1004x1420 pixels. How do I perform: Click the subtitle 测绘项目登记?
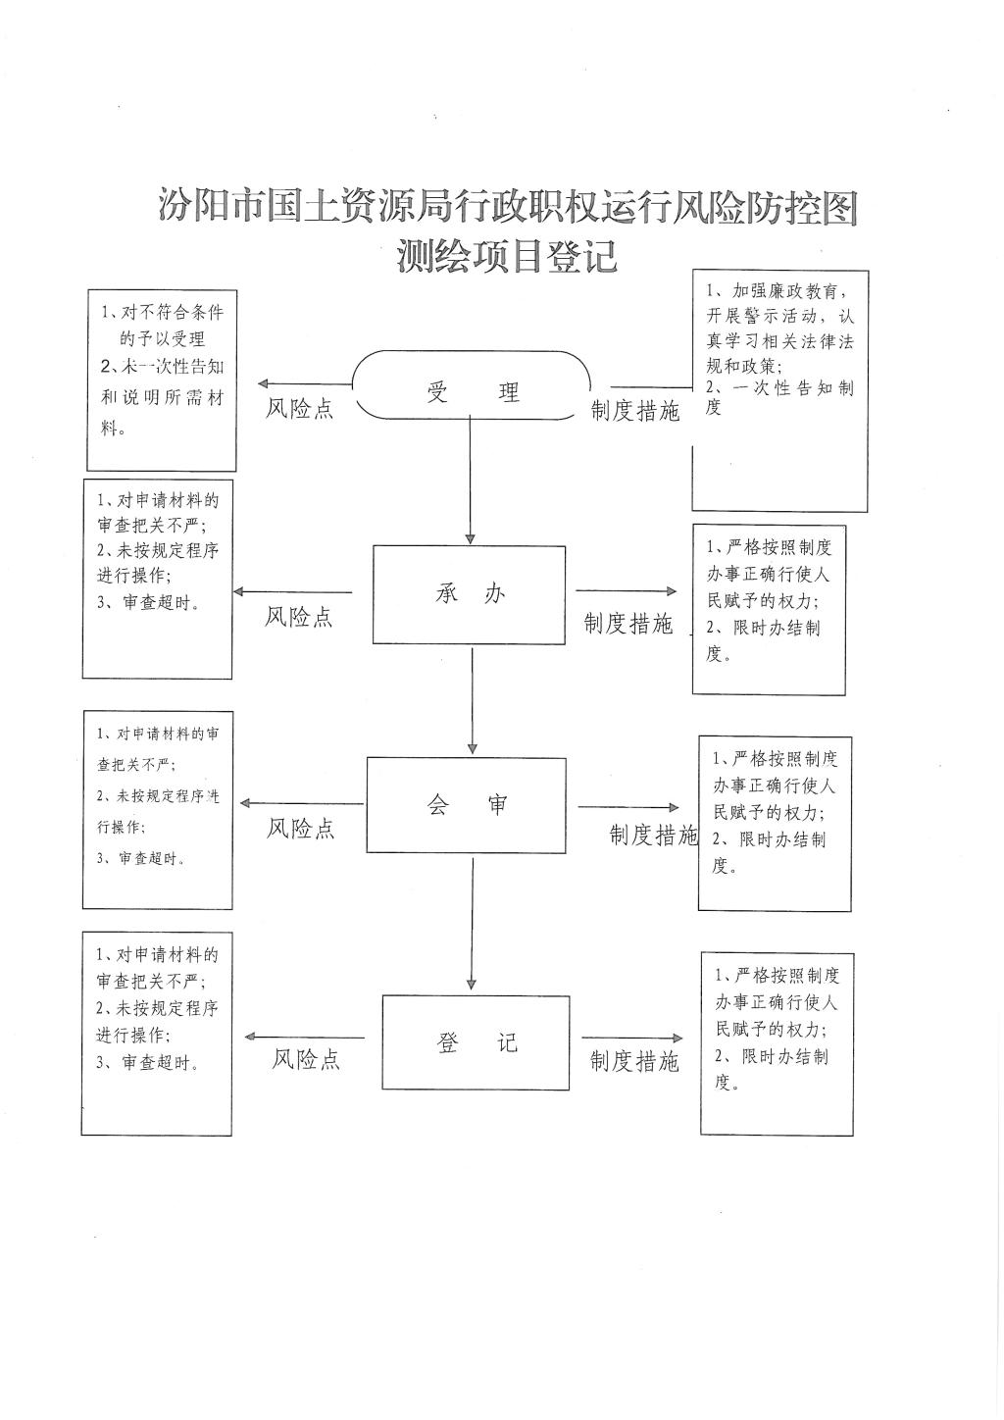pyautogui.click(x=507, y=256)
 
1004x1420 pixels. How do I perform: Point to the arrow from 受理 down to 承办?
pyautogui.click(x=471, y=480)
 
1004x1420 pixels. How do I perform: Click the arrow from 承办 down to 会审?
pyautogui.click(x=473, y=700)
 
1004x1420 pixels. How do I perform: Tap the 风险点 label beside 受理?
pyautogui.click(x=299, y=408)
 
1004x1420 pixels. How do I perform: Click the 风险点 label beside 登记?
pyautogui.click(x=306, y=1059)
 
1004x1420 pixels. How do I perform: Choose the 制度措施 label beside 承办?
pyautogui.click(x=628, y=624)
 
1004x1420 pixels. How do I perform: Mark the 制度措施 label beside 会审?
pyautogui.click(x=654, y=835)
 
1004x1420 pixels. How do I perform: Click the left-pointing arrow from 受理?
pyautogui.click(x=305, y=383)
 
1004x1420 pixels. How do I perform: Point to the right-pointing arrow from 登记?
pyautogui.click(x=632, y=1038)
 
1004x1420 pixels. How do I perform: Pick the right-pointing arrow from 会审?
pyautogui.click(x=628, y=807)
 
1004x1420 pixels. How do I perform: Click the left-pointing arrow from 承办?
pyautogui.click(x=293, y=592)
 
